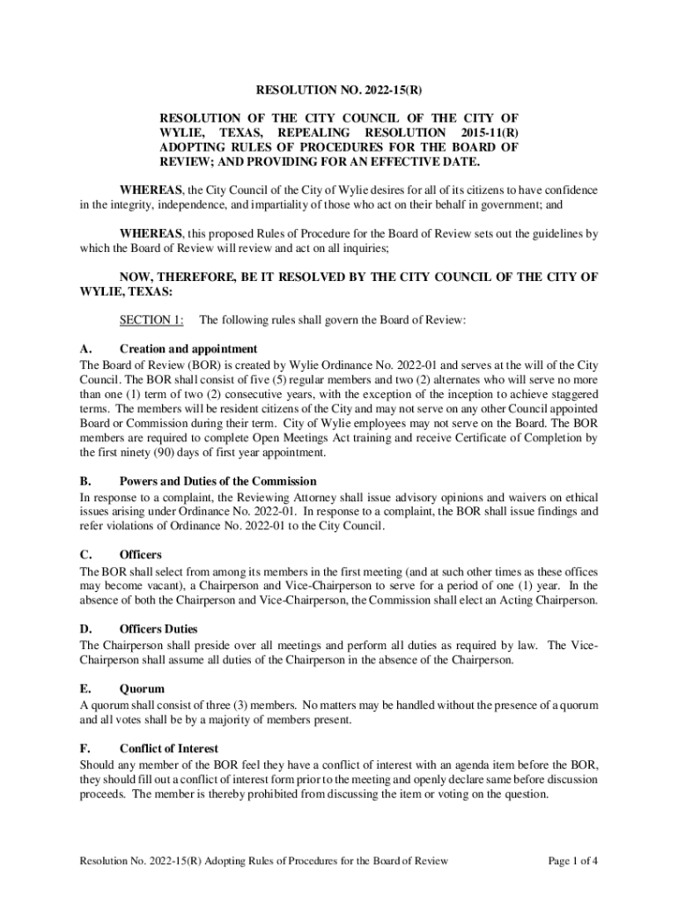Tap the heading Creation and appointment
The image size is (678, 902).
coord(188,349)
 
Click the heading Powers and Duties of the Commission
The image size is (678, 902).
coord(230,482)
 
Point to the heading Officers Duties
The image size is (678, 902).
coord(158,629)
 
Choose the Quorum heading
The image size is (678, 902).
coord(142,689)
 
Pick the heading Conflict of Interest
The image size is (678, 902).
coord(170,749)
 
